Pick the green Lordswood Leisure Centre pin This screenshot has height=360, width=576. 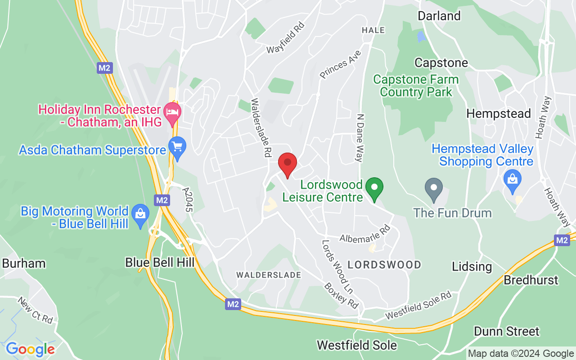374,189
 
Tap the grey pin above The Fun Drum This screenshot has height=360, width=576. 434,189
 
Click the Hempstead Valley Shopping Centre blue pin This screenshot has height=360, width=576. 512,179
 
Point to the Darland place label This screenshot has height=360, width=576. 439,16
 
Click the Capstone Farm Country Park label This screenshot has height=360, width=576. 416,86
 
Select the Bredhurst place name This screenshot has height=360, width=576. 531,280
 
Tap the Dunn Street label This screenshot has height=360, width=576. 506,332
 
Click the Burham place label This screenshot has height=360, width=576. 24,263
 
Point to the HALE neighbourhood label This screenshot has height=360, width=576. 373,30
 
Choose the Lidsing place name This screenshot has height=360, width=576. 472,266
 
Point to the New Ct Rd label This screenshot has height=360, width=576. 36,310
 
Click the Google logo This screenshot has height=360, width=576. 30,349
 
